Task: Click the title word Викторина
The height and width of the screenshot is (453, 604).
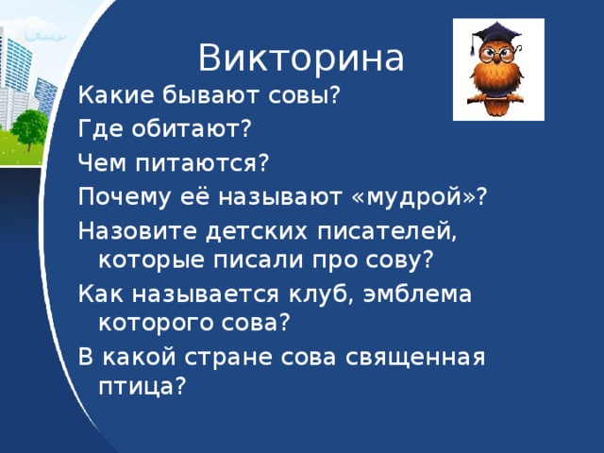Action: click(x=301, y=58)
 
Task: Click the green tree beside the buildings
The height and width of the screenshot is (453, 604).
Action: click(x=29, y=129)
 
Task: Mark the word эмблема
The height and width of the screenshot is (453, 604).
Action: click(x=417, y=294)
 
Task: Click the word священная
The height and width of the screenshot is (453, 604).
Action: click(x=415, y=358)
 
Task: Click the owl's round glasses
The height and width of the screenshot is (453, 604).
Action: click(x=496, y=55)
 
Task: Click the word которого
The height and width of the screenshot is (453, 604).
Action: click(x=157, y=324)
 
